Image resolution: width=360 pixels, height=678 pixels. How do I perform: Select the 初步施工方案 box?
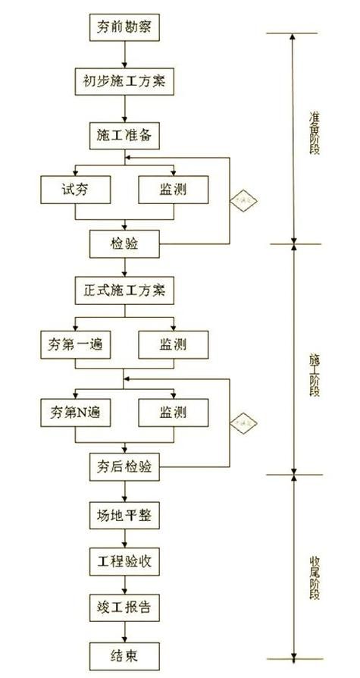[125, 80]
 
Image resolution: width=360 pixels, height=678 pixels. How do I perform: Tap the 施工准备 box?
[125, 135]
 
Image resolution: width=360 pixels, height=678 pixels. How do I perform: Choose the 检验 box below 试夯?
[125, 243]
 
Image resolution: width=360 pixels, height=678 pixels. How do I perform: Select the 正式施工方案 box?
[125, 290]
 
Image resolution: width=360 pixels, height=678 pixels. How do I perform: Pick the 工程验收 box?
[125, 562]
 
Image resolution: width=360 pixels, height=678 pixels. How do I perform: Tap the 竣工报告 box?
[125, 607]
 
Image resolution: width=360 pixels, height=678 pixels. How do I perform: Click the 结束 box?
[125, 654]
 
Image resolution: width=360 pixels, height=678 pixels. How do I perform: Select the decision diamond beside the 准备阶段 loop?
[245, 201]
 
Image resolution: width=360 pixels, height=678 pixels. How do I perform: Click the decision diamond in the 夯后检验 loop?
[245, 420]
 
